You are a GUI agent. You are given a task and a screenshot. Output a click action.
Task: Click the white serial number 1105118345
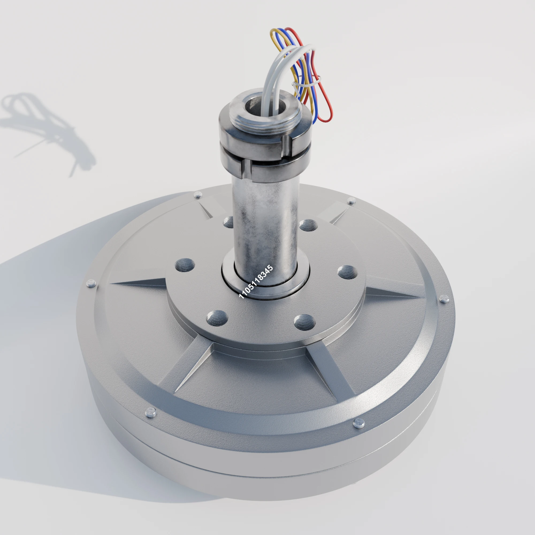coord(256,282)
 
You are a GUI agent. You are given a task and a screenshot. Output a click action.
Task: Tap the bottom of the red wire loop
coord(326,120)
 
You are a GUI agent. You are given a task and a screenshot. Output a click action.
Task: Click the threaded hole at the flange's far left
coord(185,265)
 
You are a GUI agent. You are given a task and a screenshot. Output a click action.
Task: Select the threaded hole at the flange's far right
coord(347,272)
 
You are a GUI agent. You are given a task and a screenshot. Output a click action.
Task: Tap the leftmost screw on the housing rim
coord(91,283)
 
